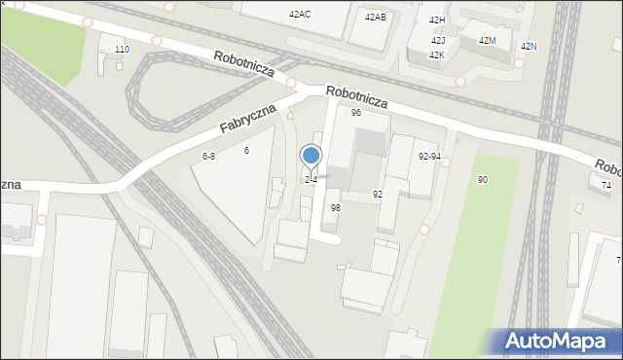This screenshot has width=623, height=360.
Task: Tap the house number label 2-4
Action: click(x=311, y=180)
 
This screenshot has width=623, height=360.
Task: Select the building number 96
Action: click(x=356, y=113)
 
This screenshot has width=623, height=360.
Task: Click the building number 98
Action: click(x=336, y=208)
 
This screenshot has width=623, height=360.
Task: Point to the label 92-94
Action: click(x=429, y=156)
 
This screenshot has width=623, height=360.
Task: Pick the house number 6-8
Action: click(x=208, y=156)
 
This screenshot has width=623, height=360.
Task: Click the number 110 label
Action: click(x=122, y=49)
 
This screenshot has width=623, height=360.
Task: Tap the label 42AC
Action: click(x=300, y=15)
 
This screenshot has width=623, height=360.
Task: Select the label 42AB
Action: click(x=375, y=18)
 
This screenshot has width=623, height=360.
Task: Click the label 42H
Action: click(x=437, y=20)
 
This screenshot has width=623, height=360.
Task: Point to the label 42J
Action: click(x=438, y=40)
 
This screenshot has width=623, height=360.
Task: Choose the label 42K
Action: click(x=437, y=55)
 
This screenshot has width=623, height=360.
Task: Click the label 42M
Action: click(x=488, y=40)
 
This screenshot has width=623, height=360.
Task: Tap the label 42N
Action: click(x=529, y=47)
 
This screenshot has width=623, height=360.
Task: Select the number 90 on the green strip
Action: click(x=483, y=180)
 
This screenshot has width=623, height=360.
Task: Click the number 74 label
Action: click(x=606, y=185)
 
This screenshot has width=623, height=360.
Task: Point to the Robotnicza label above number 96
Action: click(x=357, y=95)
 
